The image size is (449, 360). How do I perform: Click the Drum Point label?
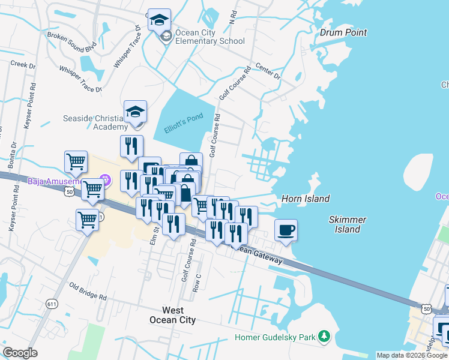(343, 32)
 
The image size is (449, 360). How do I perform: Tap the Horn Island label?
(306, 199)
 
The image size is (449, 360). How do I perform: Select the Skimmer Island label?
(348, 224)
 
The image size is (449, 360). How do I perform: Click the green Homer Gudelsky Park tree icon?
(324, 337)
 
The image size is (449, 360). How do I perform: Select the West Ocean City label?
(173, 315)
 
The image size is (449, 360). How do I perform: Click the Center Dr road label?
(268, 71)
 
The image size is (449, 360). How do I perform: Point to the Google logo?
(20, 353)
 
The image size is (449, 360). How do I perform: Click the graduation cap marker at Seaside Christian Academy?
(136, 112)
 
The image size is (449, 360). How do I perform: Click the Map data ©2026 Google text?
(412, 355)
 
